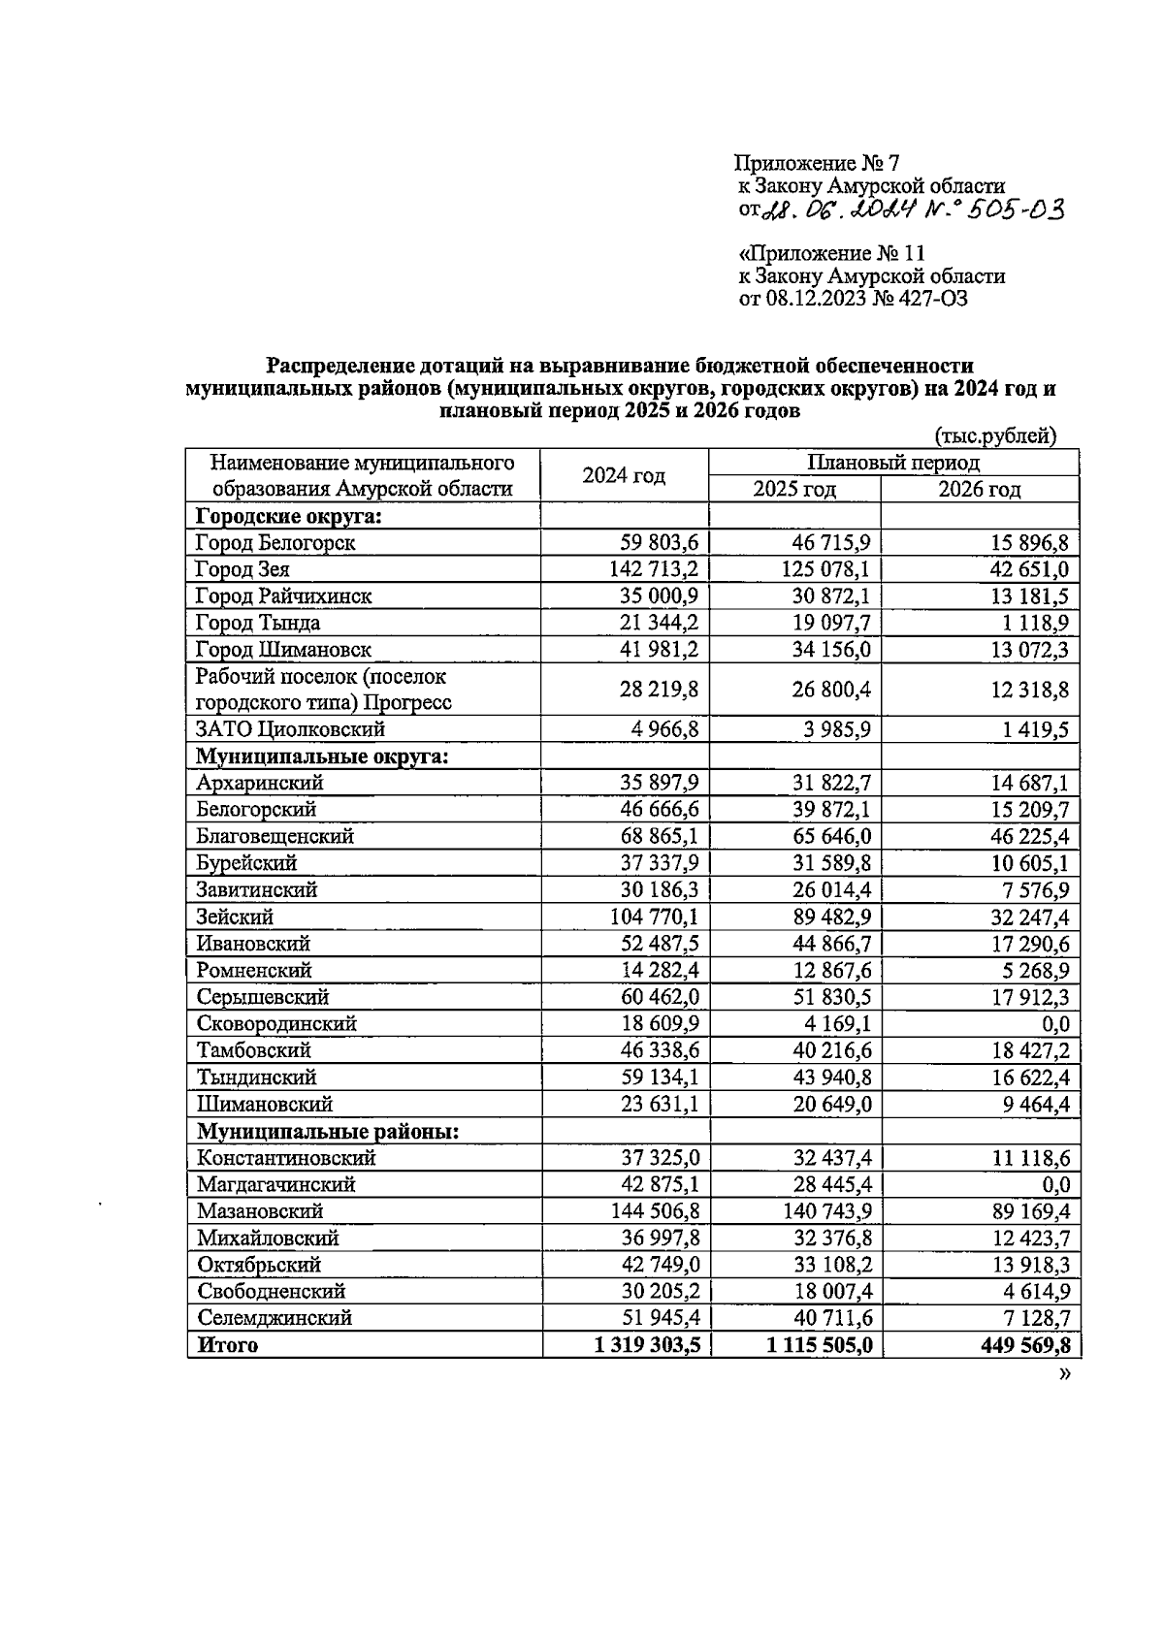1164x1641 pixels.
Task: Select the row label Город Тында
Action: click(x=257, y=623)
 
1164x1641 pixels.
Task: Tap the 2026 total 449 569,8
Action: click(x=1016, y=1345)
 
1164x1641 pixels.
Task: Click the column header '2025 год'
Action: click(x=794, y=489)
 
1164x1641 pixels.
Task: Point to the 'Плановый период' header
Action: click(x=893, y=463)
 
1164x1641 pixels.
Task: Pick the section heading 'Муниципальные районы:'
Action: click(x=328, y=1131)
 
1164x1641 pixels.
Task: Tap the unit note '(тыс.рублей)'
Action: click(x=995, y=436)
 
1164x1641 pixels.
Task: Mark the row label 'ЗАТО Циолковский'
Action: click(x=290, y=729)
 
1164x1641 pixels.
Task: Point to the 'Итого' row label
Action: click(x=228, y=1345)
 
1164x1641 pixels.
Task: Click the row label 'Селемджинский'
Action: click(x=275, y=1318)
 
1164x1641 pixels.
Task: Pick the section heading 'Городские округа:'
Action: click(x=288, y=516)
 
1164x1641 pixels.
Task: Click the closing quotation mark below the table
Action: click(x=1065, y=1374)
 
